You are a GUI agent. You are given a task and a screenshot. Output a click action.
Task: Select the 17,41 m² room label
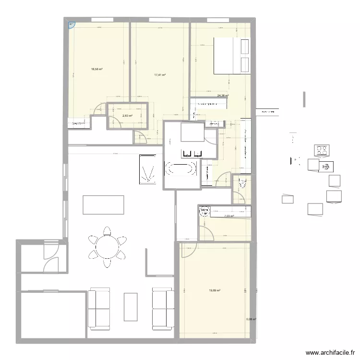(160, 75)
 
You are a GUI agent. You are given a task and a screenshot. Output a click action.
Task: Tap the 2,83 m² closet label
(127, 116)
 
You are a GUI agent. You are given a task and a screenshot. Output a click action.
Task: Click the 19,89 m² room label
(215, 290)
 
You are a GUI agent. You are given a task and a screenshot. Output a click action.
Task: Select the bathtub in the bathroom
(180, 168)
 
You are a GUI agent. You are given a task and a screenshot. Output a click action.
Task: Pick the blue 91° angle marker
(71, 24)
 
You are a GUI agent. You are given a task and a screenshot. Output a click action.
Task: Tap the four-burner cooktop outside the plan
(322, 151)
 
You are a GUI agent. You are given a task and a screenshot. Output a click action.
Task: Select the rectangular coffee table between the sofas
(131, 307)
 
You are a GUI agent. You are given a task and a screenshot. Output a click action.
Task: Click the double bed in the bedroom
(231, 56)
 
